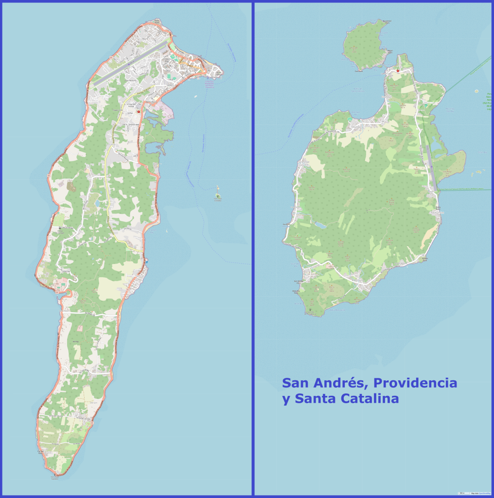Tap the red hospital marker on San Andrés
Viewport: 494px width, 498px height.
pyautogui.click(x=139, y=112)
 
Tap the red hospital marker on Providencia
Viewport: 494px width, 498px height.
pyautogui.click(x=398, y=71)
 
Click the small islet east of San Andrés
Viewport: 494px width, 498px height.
pyautogui.click(x=217, y=196)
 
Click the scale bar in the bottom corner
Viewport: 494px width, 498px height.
pyautogui.click(x=461, y=493)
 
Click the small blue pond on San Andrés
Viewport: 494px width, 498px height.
pyautogui.click(x=97, y=203)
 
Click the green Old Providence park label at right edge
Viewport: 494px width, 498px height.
pyautogui.click(x=488, y=102)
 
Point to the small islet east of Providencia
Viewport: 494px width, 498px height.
pyautogui.click(x=479, y=171)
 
